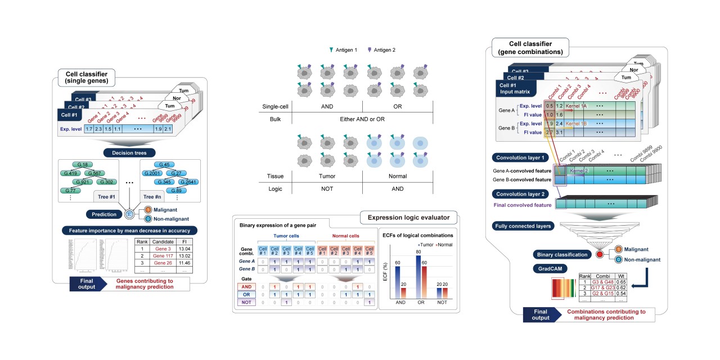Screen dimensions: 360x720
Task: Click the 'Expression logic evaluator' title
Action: coord(408,217)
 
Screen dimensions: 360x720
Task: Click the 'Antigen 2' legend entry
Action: coord(382,50)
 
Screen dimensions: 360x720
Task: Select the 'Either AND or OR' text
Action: coord(362,118)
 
